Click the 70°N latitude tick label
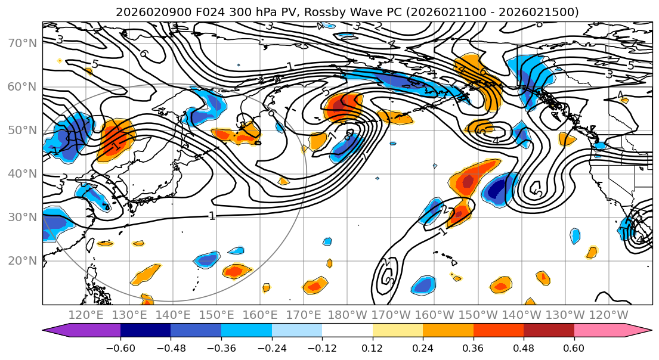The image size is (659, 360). [x=21, y=43]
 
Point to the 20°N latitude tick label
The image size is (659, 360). [x=21, y=260]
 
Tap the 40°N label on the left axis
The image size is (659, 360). [x=21, y=173]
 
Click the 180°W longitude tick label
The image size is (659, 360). [x=347, y=315]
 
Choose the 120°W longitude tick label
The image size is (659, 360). [x=608, y=315]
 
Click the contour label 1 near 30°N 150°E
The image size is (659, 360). [x=212, y=216]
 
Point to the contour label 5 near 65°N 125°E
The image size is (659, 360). [x=94, y=64]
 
